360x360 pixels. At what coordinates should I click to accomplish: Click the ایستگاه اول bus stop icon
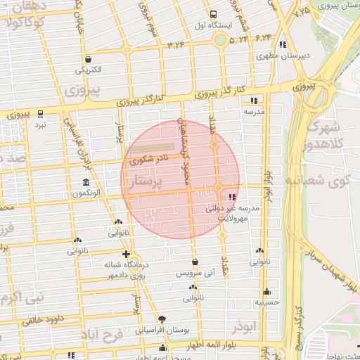pos(214,14)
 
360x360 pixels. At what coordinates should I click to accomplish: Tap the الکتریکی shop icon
pos(88,59)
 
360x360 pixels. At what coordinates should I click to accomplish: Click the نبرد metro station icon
pos(41,113)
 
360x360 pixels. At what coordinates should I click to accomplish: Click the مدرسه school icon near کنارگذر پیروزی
pos(254,101)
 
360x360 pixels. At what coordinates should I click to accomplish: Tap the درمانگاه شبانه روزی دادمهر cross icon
pos(126,254)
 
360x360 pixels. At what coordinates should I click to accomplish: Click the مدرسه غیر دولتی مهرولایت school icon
pos(233,196)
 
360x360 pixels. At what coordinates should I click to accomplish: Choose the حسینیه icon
pos(266,292)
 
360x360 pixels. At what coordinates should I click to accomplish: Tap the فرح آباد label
pos(104,333)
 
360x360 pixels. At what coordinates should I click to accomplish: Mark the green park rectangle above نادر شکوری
pos(149,149)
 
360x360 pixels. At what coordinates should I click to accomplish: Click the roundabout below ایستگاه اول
pos(220,39)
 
